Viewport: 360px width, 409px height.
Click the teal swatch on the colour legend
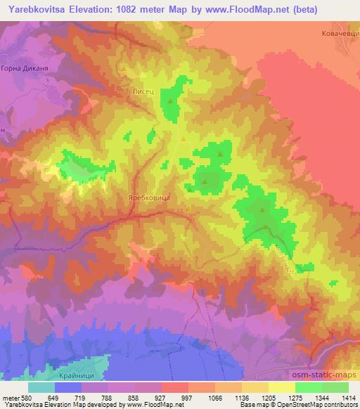click(41, 387)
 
